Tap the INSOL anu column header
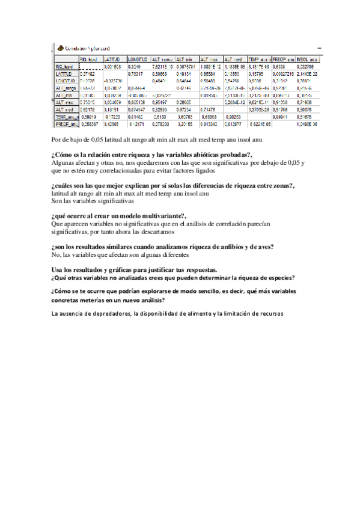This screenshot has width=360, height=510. (x=307, y=60)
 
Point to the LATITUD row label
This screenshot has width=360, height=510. (x=64, y=73)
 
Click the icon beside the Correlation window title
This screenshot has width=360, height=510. (x=60, y=48)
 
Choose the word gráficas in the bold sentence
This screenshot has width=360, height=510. (x=106, y=268)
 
